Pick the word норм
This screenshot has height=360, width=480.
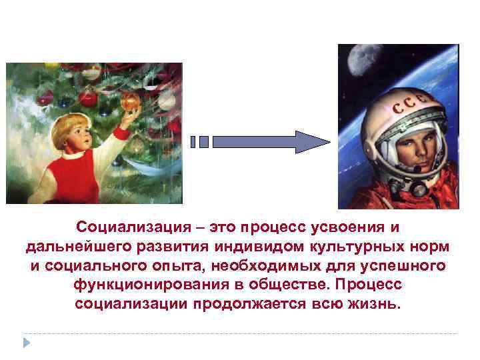[431, 247]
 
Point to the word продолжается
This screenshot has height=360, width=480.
[249, 304]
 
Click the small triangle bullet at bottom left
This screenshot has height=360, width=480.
[26, 342]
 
